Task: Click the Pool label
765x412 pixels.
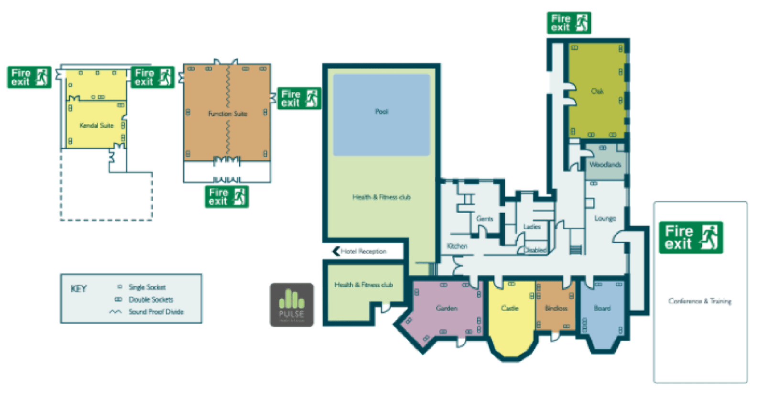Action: click(x=381, y=112)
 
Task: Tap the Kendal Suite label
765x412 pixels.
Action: click(x=97, y=126)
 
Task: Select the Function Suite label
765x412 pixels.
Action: click(x=228, y=114)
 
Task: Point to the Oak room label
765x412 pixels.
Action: click(x=597, y=91)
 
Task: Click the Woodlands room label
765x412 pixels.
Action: click(x=605, y=164)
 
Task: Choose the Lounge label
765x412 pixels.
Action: click(x=605, y=218)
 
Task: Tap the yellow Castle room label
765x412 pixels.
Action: click(x=509, y=308)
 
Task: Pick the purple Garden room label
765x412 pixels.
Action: click(x=446, y=308)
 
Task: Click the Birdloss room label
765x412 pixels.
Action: click(x=556, y=308)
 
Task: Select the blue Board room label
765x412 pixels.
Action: click(x=602, y=308)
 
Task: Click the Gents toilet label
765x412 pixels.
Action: click(x=484, y=218)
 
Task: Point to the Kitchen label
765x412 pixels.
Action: click(x=457, y=246)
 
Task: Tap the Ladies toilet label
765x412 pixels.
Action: click(x=532, y=227)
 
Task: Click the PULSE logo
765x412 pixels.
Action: click(x=292, y=305)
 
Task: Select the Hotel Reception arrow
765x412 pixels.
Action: click(x=336, y=251)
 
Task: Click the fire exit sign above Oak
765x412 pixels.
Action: click(x=568, y=23)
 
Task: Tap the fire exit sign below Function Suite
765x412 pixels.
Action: click(x=227, y=196)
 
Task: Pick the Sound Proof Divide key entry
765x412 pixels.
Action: click(x=156, y=312)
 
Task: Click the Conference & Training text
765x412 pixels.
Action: click(x=699, y=301)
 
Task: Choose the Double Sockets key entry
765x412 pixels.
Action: click(x=151, y=300)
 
